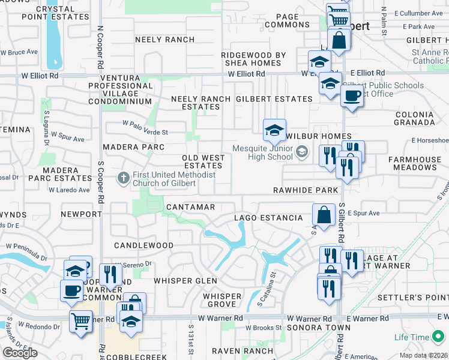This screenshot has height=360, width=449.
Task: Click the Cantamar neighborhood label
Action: point(190,207)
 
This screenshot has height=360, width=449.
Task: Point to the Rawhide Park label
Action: point(306,190)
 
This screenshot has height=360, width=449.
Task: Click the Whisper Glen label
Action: point(185,281)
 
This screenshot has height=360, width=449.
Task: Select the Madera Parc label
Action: point(130,146)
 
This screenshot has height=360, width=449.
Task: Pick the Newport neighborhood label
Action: point(82,214)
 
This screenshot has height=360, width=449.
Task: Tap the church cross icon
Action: point(123,178)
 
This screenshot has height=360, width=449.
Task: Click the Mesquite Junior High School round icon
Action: point(301,153)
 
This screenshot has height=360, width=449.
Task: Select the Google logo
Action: point(20,353)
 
